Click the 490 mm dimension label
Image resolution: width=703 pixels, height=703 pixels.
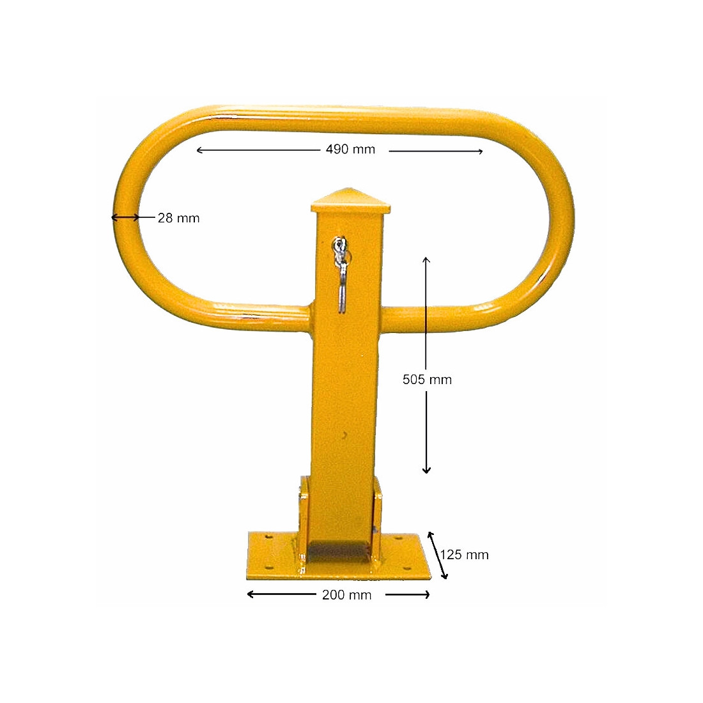[x=350, y=150]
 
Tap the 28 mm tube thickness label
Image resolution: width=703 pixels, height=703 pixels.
[x=178, y=219]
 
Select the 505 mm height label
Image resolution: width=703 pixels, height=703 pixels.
[x=427, y=380]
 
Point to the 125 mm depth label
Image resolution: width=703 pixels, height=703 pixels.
[x=465, y=555]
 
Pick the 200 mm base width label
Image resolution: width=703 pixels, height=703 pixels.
[x=346, y=596]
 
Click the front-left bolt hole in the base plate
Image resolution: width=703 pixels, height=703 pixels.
[x=268, y=568]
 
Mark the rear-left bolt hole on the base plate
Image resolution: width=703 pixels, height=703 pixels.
[x=268, y=537]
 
